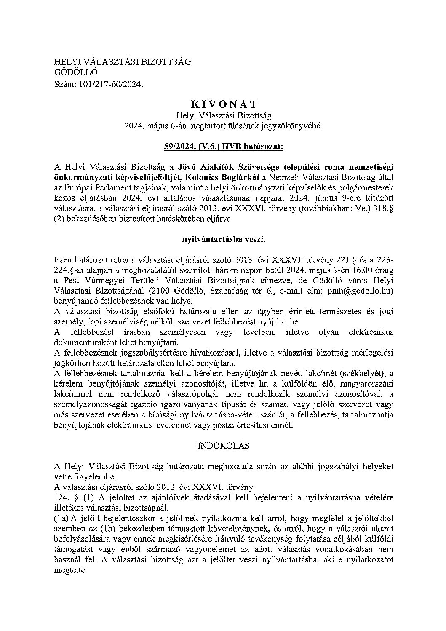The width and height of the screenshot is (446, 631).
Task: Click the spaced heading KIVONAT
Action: tap(223, 104)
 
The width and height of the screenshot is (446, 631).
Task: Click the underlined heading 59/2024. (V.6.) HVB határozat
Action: tap(223, 147)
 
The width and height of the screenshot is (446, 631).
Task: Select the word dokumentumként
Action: tap(84, 341)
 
